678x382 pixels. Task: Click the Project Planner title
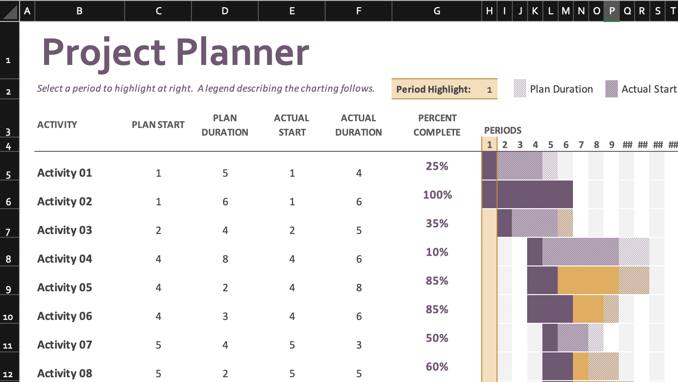click(176, 52)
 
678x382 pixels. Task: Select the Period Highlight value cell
click(489, 89)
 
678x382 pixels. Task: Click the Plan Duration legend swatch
click(519, 89)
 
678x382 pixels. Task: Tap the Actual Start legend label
click(648, 89)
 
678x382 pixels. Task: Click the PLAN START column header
click(158, 125)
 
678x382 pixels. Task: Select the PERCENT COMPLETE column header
click(436, 125)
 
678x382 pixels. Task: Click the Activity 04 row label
click(64, 259)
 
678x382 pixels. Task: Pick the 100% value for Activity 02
click(437, 195)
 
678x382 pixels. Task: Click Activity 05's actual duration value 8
click(359, 287)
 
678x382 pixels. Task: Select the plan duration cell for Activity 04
click(225, 259)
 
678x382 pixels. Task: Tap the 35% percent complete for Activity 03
click(437, 223)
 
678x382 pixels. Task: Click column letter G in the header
click(436, 11)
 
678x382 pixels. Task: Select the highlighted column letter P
click(612, 11)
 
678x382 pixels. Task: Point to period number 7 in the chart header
click(581, 145)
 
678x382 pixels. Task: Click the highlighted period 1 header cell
click(489, 145)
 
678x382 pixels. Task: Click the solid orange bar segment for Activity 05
click(588, 280)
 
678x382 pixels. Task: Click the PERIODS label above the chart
click(502, 130)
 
